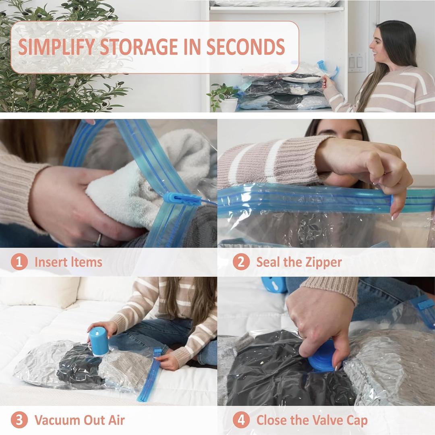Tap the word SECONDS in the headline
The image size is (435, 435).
[246, 47]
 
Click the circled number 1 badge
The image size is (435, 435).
[19, 262]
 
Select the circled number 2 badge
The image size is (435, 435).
[241, 262]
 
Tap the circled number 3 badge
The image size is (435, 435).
[19, 420]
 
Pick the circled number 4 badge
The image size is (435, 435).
[241, 420]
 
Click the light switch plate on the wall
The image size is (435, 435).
[356, 62]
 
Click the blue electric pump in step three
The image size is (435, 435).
[98, 341]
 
